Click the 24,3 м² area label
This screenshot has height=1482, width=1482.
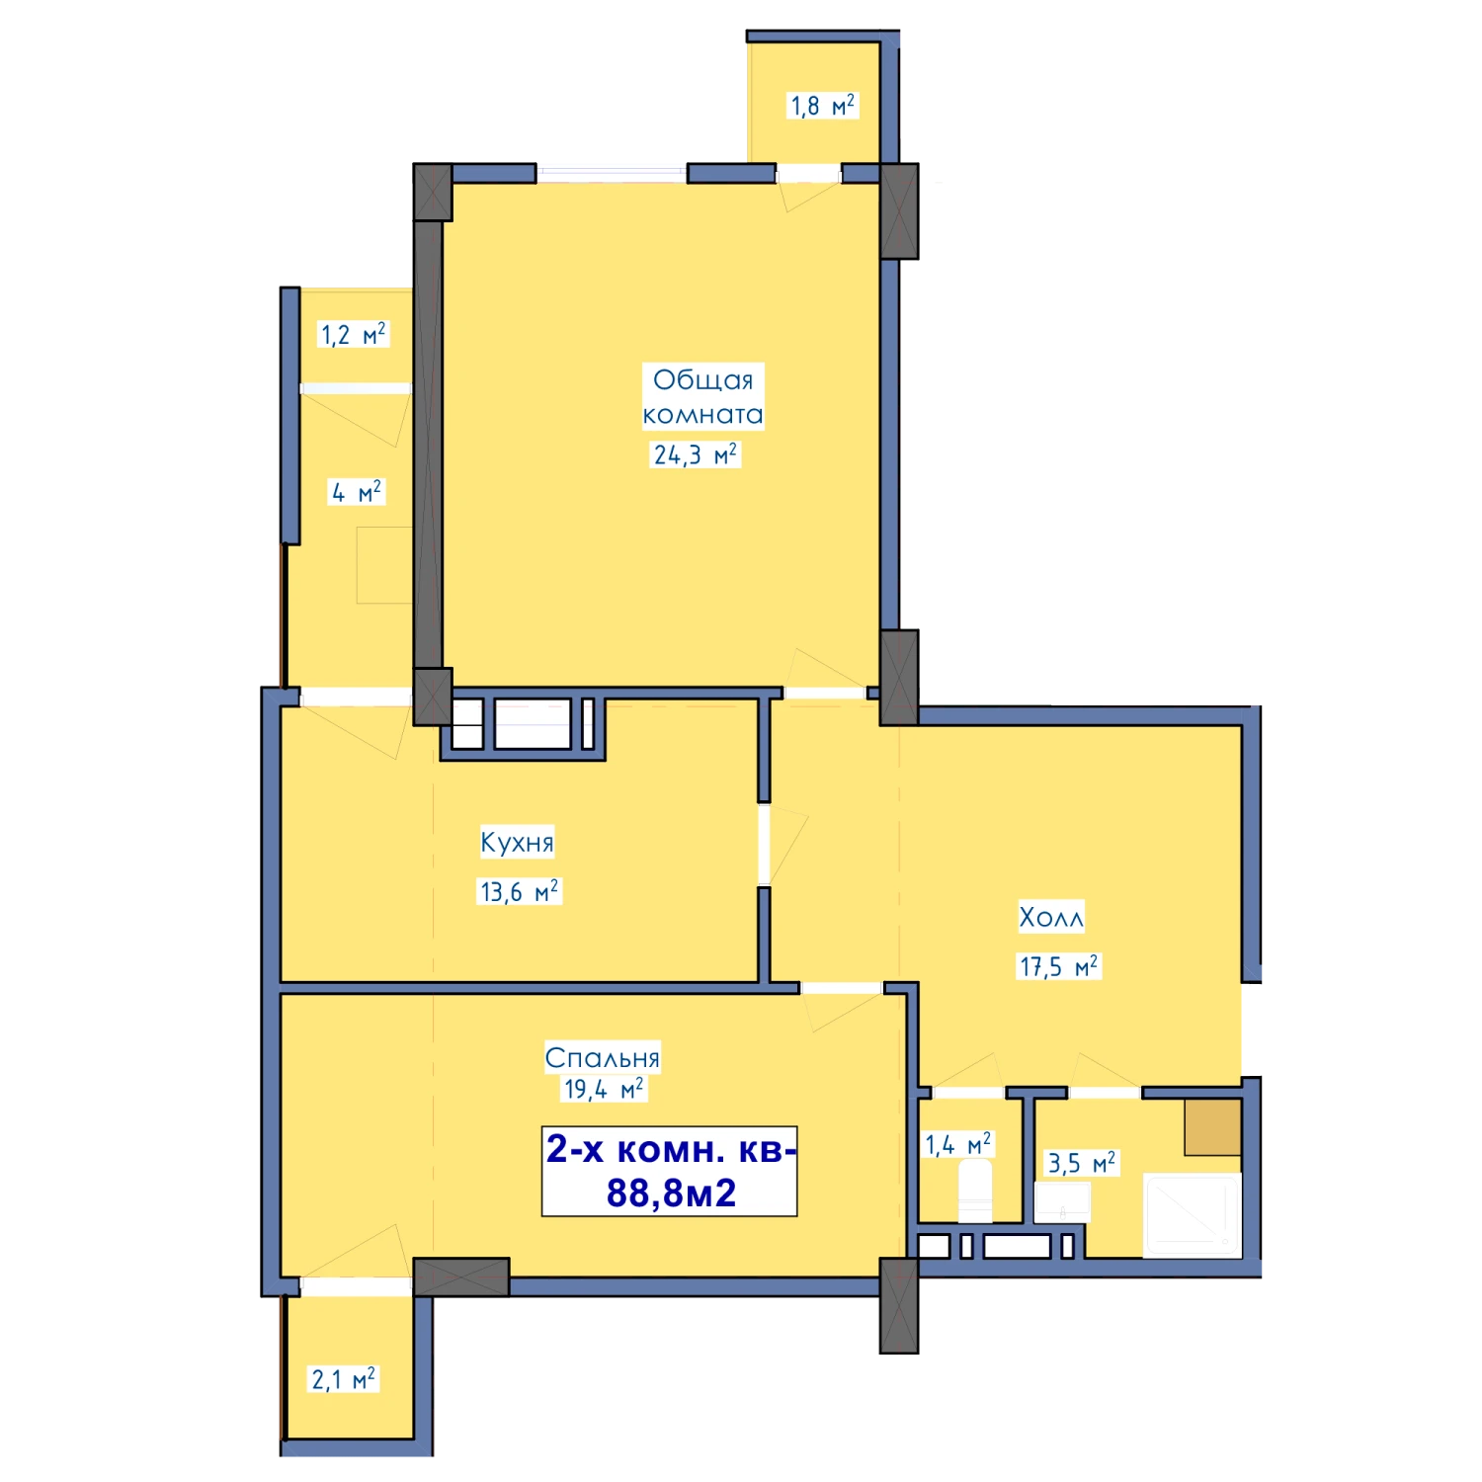(x=696, y=454)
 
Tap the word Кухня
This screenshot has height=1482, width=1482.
(x=517, y=842)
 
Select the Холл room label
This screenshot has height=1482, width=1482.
(x=1051, y=917)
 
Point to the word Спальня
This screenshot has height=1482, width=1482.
(x=603, y=1058)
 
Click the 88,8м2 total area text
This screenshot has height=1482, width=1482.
(x=671, y=1193)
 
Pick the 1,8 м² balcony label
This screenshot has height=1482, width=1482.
(x=822, y=106)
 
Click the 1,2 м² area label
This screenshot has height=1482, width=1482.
(x=353, y=334)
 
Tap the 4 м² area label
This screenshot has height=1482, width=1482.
(x=357, y=492)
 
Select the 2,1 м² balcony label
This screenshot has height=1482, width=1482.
(x=343, y=1378)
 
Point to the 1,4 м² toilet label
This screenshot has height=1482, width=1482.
(x=957, y=1144)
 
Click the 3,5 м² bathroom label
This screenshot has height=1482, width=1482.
(x=1082, y=1163)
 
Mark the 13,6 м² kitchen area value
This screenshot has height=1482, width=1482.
(x=519, y=891)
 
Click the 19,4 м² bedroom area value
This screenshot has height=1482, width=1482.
(x=603, y=1089)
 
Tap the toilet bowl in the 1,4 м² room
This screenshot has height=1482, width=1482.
(x=975, y=1192)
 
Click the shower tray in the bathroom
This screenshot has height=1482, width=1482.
(x=1193, y=1215)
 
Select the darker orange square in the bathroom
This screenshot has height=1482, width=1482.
(x=1213, y=1126)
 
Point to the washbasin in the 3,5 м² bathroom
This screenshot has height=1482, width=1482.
(x=1062, y=1202)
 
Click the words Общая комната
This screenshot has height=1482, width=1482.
(x=702, y=396)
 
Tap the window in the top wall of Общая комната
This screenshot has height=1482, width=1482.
(x=612, y=174)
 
